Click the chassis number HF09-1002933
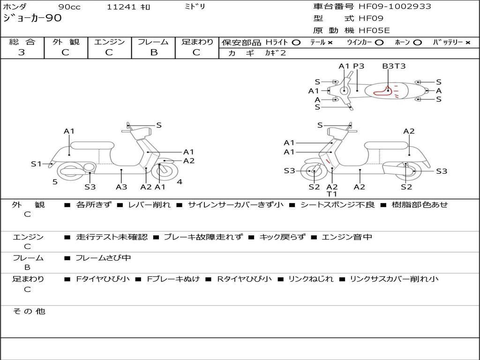coord(395,7)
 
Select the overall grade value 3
coord(22,52)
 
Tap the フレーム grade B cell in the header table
coord(154,52)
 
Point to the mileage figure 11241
coord(121,7)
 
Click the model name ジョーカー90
coord(32,18)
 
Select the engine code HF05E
coord(374,31)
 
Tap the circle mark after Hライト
coord(296,43)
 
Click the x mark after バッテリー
coord(467,43)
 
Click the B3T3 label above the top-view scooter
coord(394,66)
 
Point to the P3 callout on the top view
coord(359,66)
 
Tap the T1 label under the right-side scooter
coord(332,194)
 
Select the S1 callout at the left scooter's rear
coord(37,164)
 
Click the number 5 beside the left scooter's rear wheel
coord(55,182)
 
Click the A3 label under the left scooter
coord(121,187)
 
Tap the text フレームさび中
coord(103,258)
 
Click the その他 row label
coord(29,311)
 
